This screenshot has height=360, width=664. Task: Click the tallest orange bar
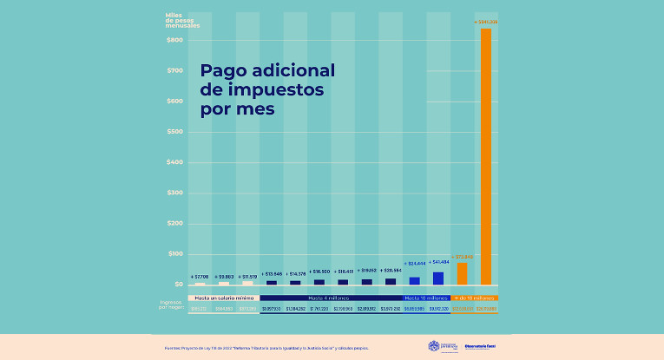[x=486, y=156]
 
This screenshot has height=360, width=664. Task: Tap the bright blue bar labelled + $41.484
[x=438, y=278]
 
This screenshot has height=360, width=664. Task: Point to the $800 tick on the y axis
[x=174, y=40]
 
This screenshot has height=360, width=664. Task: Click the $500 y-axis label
[x=174, y=132]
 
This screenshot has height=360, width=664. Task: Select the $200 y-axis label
[x=174, y=223]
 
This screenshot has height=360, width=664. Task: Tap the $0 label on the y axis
[x=178, y=285]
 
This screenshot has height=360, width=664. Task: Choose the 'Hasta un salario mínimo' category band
[x=223, y=297]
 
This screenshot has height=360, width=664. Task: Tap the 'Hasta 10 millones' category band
[x=425, y=297]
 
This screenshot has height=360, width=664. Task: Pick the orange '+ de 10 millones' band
[x=474, y=297]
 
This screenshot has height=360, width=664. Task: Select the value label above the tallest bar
[x=486, y=22]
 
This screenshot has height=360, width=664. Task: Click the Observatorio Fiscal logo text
[x=481, y=347]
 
